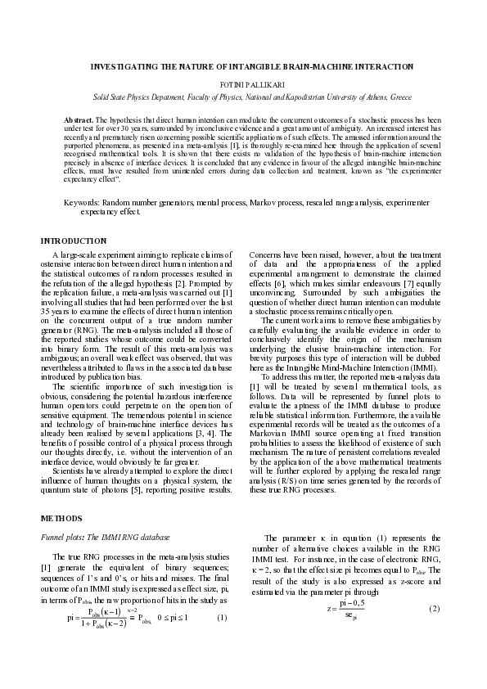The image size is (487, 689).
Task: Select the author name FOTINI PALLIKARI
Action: click(x=243, y=84)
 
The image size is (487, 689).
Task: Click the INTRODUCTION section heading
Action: click(x=74, y=241)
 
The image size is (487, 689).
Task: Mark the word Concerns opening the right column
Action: click(x=268, y=255)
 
